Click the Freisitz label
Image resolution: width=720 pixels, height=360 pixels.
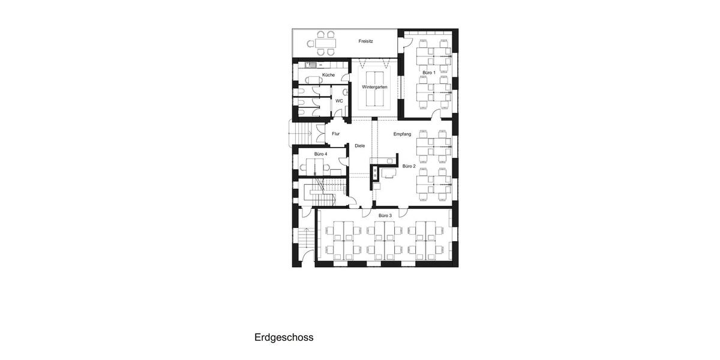click(x=366, y=41)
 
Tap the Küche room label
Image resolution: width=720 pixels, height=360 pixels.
click(x=328, y=74)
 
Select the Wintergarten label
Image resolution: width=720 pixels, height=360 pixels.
click(x=374, y=87)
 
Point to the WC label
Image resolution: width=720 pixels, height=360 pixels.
click(x=339, y=101)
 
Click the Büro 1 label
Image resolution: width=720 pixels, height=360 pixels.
click(x=428, y=72)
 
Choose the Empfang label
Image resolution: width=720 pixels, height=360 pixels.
click(x=402, y=134)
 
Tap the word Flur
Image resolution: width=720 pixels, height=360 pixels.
click(x=335, y=134)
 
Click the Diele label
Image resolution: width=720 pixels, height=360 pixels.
click(x=359, y=146)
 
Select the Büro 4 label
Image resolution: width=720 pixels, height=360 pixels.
click(x=320, y=154)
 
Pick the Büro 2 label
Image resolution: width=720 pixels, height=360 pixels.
click(x=409, y=166)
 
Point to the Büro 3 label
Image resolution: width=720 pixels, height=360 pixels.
click(x=385, y=215)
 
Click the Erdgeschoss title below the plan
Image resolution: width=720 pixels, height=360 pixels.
click(x=284, y=337)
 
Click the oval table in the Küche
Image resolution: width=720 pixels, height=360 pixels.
click(x=313, y=79)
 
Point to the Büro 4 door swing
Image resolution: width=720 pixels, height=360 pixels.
click(x=342, y=159)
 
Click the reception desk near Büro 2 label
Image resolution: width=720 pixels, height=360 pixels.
click(x=387, y=173)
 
